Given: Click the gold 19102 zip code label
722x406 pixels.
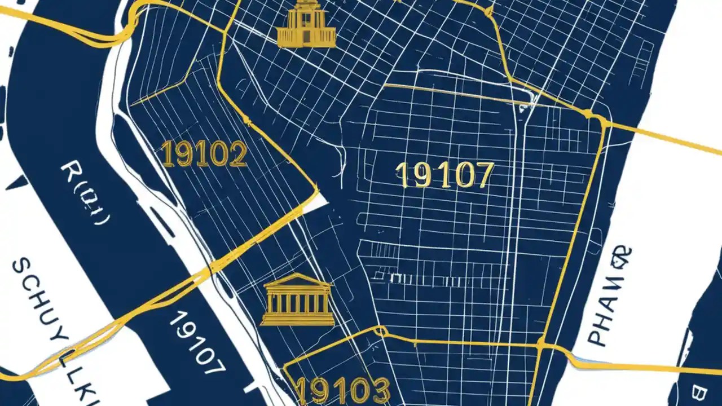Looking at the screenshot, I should tap(204, 154).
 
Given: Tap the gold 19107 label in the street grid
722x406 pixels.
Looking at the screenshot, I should tap(444, 175).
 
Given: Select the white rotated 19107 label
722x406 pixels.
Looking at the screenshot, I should tap(197, 342).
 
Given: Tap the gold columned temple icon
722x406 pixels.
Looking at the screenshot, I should tap(298, 300).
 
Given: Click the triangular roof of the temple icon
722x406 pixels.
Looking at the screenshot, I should tap(298, 280).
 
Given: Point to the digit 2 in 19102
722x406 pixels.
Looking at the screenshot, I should tap(237, 155).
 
